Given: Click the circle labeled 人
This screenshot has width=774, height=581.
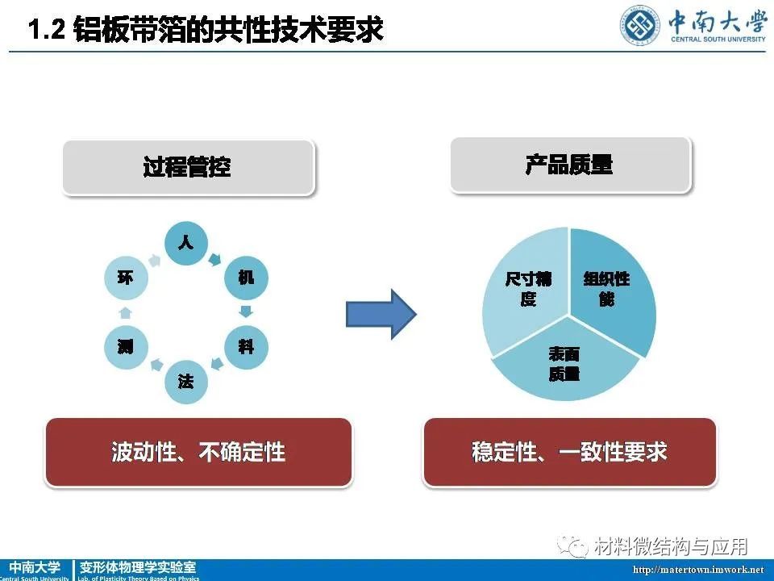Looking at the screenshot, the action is (186, 243).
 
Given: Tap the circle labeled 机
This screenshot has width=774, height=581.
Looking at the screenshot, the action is (246, 278).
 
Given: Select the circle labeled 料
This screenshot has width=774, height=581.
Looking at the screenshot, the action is (246, 347).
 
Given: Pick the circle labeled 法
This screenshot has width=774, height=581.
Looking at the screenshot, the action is (186, 382).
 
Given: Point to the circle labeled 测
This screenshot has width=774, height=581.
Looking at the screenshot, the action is (126, 347).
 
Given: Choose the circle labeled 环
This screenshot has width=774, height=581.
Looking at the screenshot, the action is (126, 278).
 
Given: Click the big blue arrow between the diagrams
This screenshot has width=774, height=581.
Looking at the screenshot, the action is (381, 314).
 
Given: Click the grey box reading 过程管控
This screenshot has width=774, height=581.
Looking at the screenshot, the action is (189, 168).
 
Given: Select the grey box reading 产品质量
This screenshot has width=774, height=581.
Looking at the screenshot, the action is (571, 165).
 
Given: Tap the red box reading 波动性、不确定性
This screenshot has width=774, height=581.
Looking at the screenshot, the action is (198, 453).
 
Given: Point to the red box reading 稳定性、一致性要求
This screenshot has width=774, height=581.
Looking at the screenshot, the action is (570, 453).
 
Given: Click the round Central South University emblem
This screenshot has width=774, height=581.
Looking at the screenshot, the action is (640, 26).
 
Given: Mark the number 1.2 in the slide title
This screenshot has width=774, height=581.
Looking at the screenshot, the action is (47, 29).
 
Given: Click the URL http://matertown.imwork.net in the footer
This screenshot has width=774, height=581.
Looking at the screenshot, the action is (698, 570).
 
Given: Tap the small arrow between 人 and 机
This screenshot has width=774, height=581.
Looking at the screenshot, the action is (214, 260).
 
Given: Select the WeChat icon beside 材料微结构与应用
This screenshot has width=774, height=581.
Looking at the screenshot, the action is (572, 545).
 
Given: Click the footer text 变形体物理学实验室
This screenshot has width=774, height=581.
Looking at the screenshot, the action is (138, 567).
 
